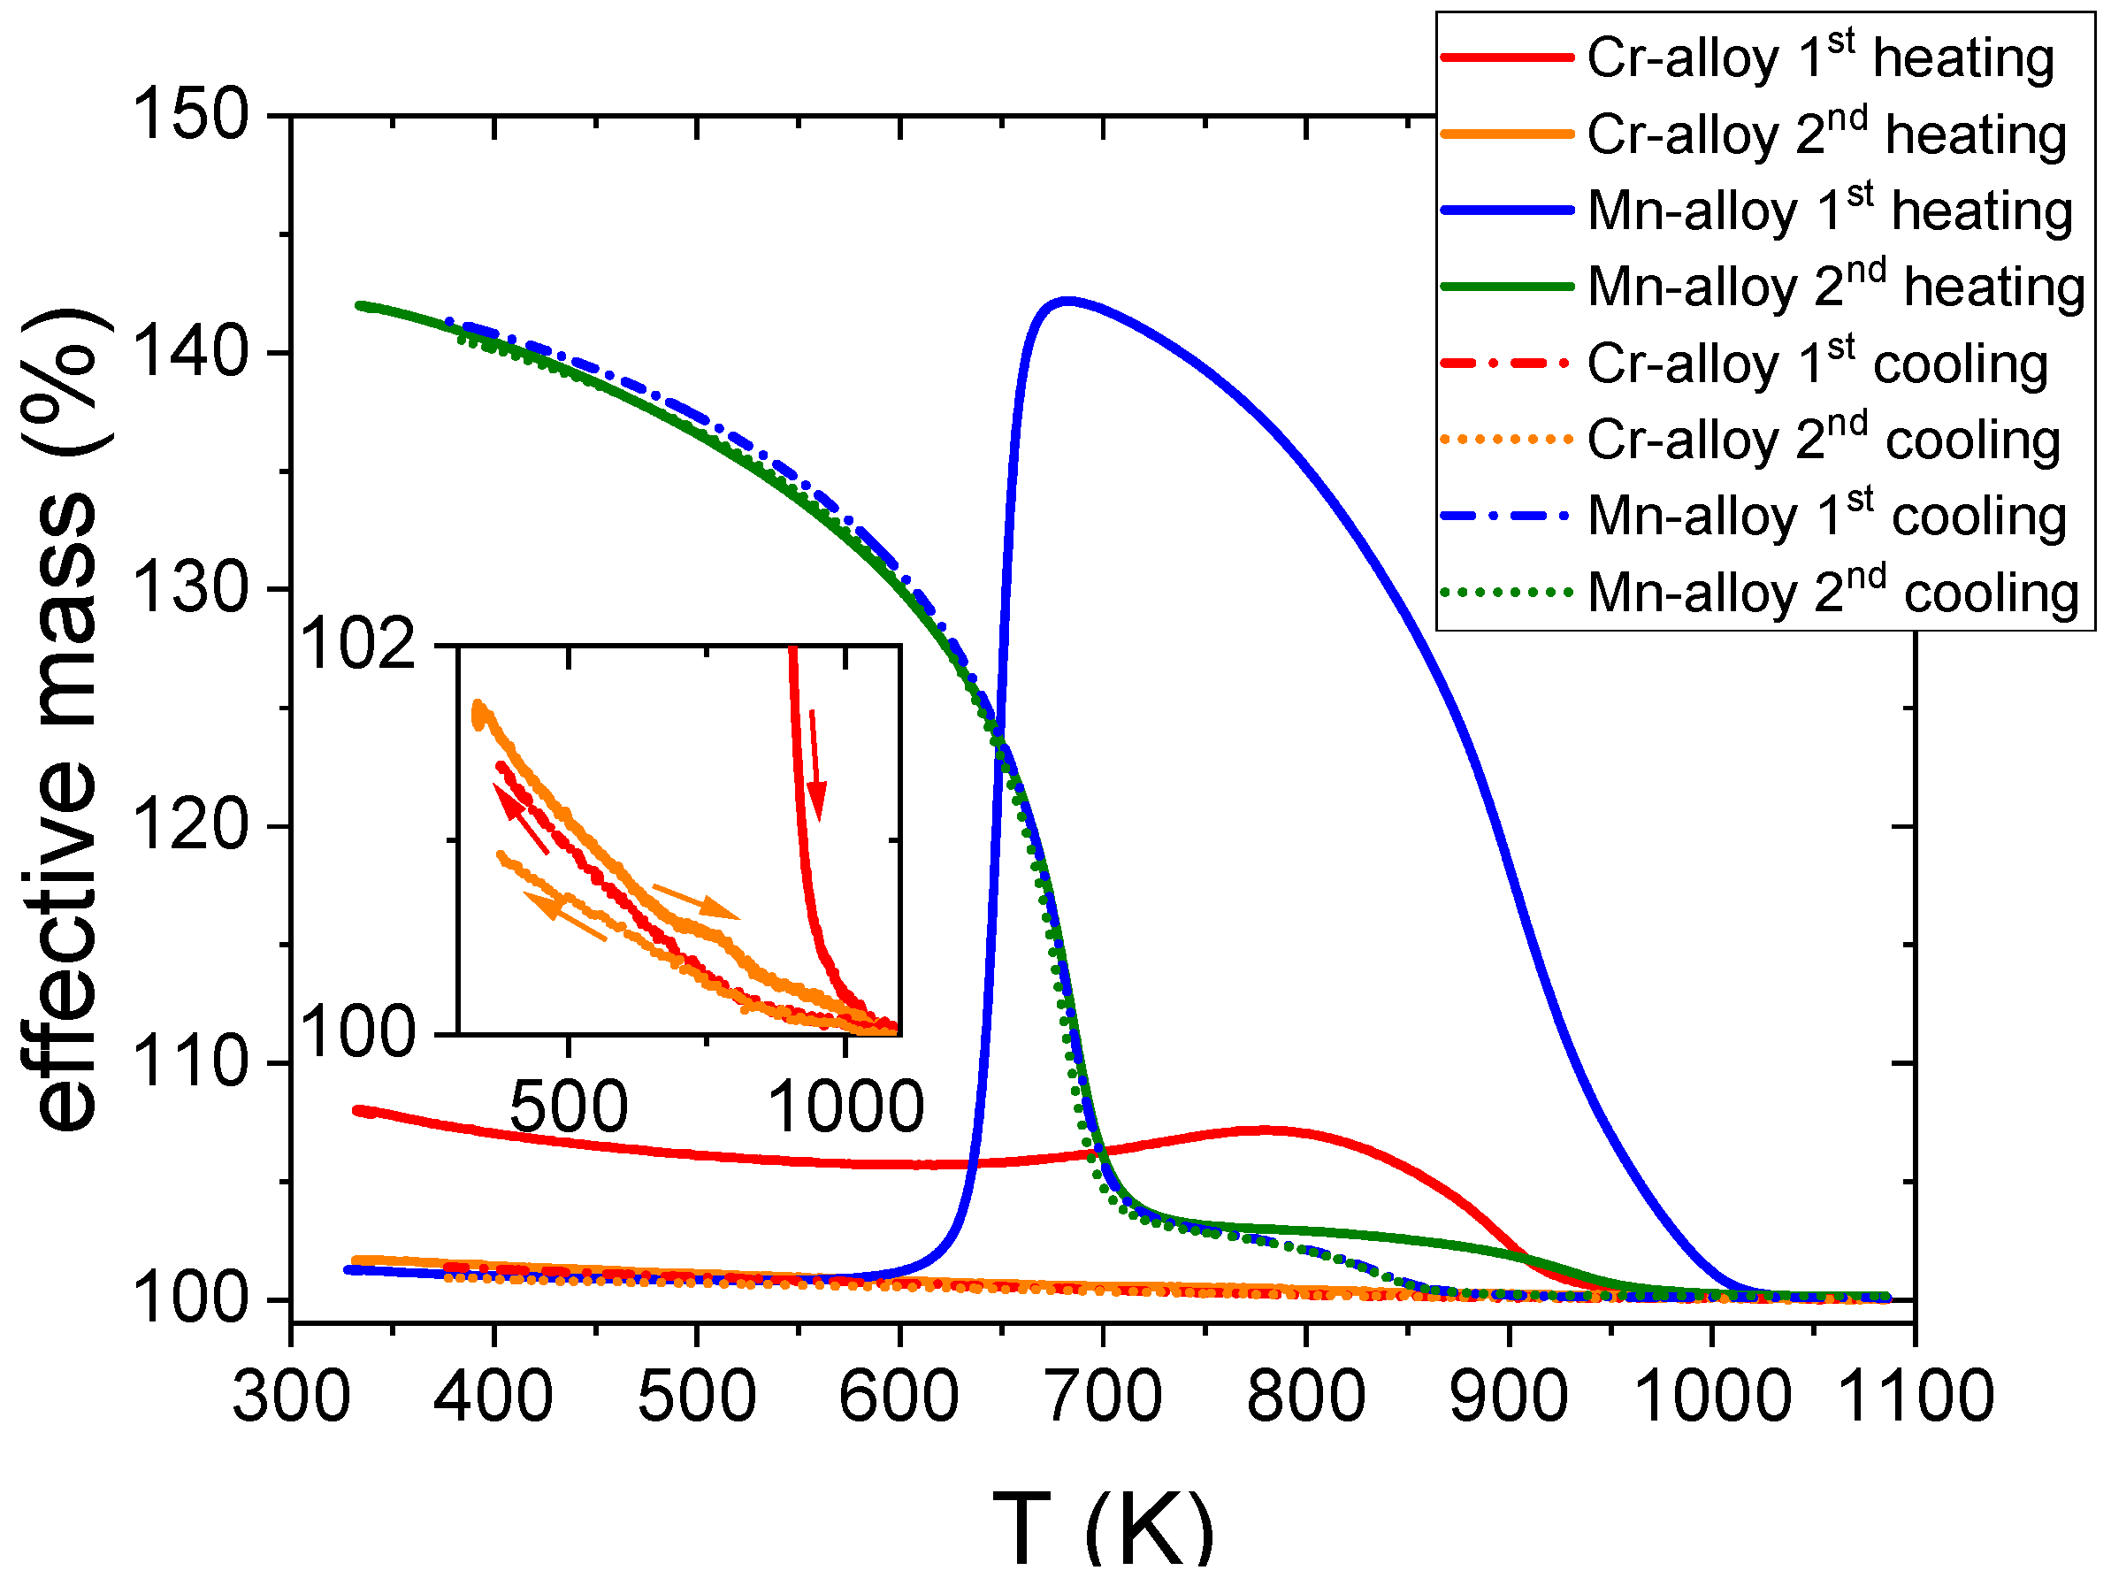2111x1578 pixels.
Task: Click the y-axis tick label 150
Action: coord(190,116)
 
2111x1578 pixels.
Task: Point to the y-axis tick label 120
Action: coord(190,826)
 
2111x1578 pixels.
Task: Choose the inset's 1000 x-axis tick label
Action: coord(845,1107)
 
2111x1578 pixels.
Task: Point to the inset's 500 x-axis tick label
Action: coord(569,1107)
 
